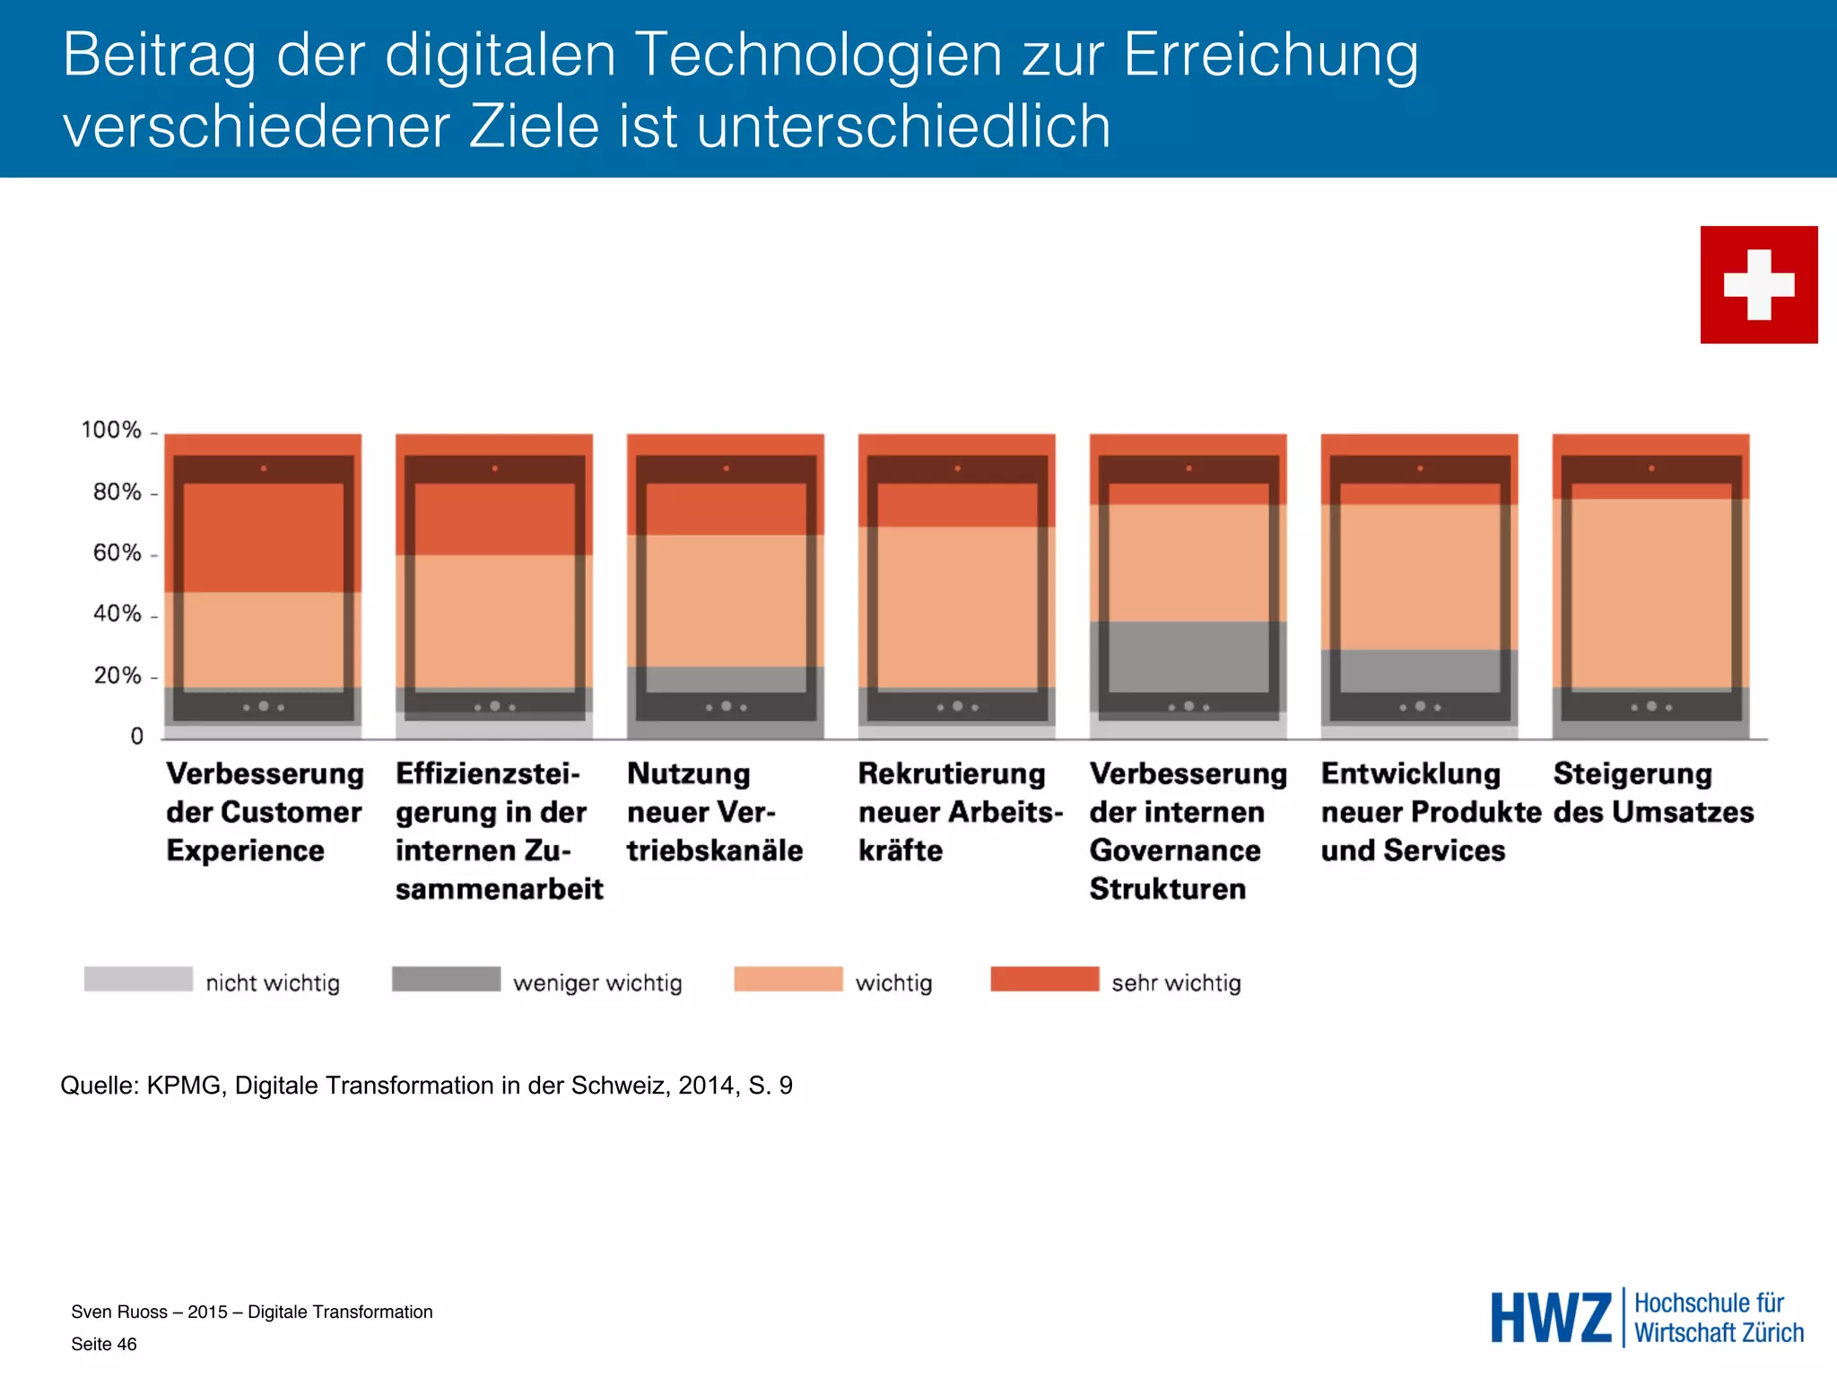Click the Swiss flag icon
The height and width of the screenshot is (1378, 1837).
tap(1758, 284)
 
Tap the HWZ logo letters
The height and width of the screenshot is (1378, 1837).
tap(1551, 1318)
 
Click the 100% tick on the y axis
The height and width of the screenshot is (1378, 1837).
tap(112, 431)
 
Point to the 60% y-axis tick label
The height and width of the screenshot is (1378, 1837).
tap(118, 554)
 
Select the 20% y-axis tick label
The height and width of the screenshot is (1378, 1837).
tap(118, 676)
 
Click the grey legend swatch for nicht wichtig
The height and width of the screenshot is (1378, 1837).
tap(138, 979)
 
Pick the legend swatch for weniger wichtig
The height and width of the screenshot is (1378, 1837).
tap(446, 979)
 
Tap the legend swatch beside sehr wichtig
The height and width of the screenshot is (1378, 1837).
tap(1044, 979)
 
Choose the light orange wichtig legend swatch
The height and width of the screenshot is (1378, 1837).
tap(788, 979)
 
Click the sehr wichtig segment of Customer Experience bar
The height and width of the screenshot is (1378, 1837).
tap(263, 538)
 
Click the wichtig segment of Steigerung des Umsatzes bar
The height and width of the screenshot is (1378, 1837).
tap(1650, 592)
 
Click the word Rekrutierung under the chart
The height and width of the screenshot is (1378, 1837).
tap(952, 773)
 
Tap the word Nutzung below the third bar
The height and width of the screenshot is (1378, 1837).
tap(688, 773)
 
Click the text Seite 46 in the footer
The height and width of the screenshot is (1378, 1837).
tap(104, 1344)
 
